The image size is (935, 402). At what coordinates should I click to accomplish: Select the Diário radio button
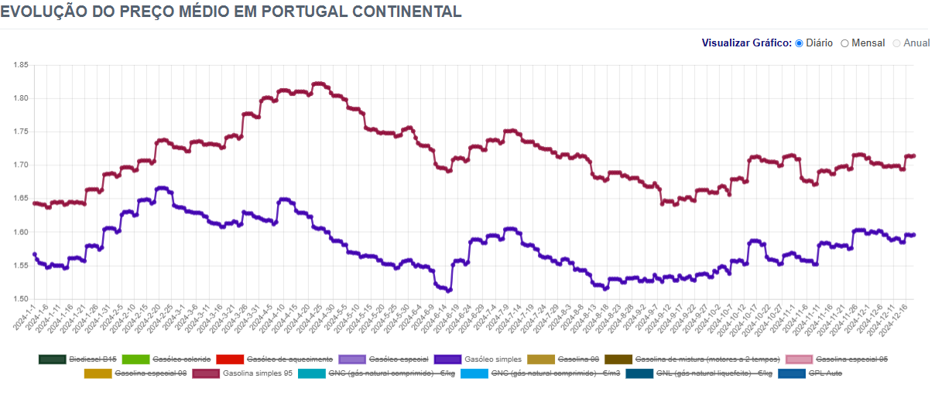pos(799,43)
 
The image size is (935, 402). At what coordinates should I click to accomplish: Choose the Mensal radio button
pos(845,43)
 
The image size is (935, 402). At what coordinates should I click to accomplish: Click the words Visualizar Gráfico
pos(746,43)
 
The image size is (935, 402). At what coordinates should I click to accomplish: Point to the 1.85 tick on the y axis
pos(21,65)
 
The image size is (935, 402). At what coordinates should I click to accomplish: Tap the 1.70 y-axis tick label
pos(21,165)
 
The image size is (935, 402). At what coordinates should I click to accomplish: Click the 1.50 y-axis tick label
pos(21,299)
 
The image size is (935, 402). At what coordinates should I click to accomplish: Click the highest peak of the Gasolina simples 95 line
pos(318,83)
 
